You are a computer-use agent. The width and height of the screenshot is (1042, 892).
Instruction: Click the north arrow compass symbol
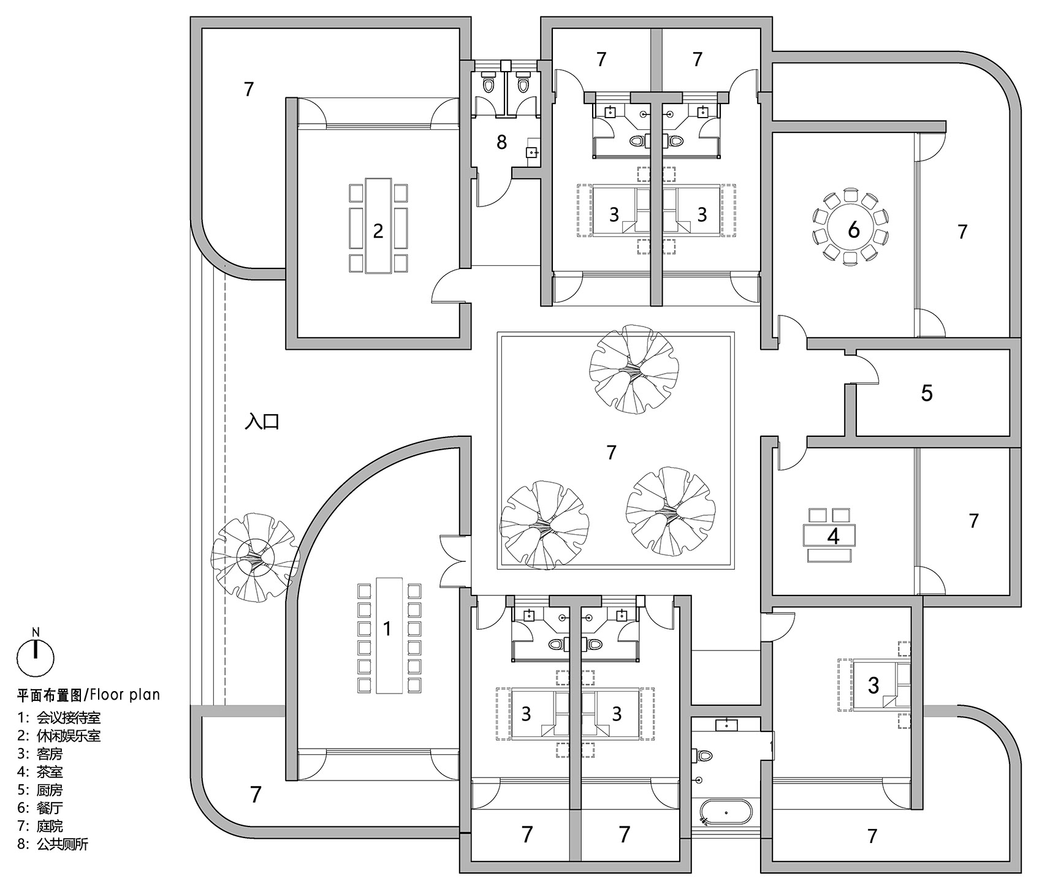(36, 656)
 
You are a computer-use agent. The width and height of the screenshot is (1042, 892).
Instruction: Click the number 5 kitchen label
(926, 393)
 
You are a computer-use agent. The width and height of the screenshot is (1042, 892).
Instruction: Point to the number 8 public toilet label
(501, 143)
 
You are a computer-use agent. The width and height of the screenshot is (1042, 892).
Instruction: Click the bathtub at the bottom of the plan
(726, 813)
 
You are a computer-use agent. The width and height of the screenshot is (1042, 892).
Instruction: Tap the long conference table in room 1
(387, 635)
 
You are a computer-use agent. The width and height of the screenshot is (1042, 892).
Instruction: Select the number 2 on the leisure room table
(378, 230)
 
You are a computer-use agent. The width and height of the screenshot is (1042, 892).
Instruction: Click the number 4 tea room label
(833, 536)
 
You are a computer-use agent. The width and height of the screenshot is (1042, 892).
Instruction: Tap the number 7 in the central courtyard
(610, 452)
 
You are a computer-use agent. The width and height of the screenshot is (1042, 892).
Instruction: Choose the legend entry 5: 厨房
(40, 790)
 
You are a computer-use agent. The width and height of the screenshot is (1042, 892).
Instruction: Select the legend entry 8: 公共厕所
(53, 844)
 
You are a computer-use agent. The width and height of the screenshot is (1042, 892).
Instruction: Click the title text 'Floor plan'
(124, 694)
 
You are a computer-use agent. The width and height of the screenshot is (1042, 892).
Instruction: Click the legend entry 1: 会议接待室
(59, 717)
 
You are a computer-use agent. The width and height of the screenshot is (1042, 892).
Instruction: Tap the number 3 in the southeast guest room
(873, 684)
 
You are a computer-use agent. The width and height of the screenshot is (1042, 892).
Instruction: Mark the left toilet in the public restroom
(489, 84)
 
